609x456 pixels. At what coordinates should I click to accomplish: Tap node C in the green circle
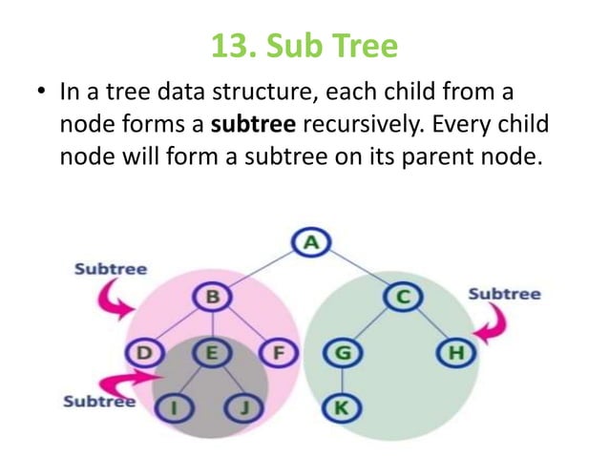pyautogui.click(x=403, y=298)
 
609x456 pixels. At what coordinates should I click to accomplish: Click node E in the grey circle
pyautogui.click(x=212, y=353)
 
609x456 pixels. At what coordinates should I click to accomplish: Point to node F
pyautogui.click(x=279, y=353)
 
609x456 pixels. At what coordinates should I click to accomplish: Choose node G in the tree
pyautogui.click(x=341, y=353)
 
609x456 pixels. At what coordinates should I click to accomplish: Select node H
pyautogui.click(x=456, y=353)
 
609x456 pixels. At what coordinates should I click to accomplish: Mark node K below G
pyautogui.click(x=341, y=408)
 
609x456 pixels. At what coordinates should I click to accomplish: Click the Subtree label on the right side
pyautogui.click(x=504, y=293)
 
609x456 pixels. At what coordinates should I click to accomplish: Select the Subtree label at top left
pyautogui.click(x=111, y=268)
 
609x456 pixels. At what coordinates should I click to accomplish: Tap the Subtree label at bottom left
pyautogui.click(x=98, y=401)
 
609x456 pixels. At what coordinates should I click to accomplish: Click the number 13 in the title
pyautogui.click(x=225, y=45)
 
